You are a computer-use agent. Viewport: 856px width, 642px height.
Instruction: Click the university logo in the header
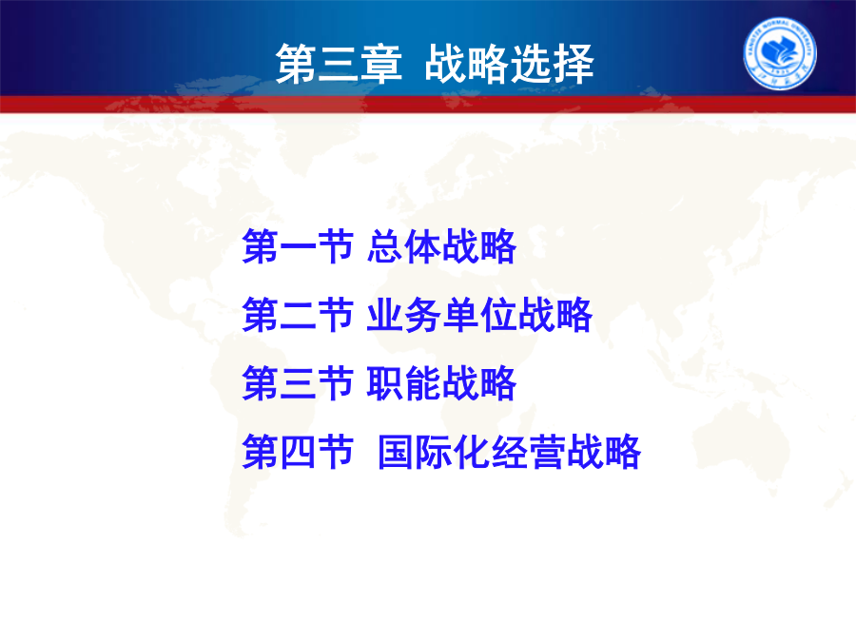(780, 52)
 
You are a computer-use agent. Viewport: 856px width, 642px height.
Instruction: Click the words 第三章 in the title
(339, 64)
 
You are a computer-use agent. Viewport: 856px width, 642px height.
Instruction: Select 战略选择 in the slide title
(509, 64)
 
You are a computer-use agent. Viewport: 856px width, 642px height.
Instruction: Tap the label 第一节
(298, 246)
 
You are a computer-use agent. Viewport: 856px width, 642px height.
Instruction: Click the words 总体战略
(441, 246)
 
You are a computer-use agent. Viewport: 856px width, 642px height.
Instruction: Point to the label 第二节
(298, 315)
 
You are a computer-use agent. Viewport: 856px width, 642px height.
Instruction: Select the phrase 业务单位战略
(479, 315)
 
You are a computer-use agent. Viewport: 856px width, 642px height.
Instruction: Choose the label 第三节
(298, 382)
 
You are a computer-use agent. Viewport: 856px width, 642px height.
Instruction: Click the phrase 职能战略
(441, 382)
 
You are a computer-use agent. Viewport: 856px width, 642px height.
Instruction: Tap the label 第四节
(298, 452)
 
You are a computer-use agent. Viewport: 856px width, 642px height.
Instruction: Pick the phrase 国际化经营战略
(509, 452)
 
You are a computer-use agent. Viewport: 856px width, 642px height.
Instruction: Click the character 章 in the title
(381, 64)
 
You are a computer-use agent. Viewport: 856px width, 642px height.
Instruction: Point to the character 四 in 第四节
(298, 452)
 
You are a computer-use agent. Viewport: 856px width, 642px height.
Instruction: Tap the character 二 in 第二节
(298, 315)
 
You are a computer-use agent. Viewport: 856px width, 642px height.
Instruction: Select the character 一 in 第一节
(298, 247)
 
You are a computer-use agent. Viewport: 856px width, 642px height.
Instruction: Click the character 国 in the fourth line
(396, 452)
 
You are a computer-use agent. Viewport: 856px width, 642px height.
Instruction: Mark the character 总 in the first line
(385, 246)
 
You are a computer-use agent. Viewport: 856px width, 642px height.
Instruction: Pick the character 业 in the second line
(385, 315)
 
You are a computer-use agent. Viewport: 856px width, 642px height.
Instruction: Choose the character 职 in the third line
(385, 382)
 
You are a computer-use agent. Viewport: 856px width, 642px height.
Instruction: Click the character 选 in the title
(530, 64)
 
